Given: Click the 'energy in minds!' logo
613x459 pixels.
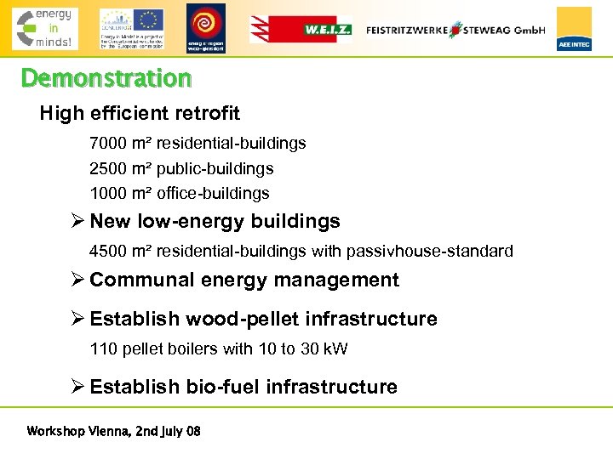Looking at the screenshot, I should tap(44, 28).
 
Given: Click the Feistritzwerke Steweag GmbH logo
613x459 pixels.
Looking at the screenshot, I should tap(455, 30).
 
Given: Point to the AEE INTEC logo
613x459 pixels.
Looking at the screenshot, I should tap(574, 29).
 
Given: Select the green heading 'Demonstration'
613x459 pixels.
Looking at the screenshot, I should tap(106, 79).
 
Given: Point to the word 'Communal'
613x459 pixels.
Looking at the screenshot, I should tap(135, 280).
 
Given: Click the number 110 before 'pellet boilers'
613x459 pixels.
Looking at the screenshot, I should tap(102, 349).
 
